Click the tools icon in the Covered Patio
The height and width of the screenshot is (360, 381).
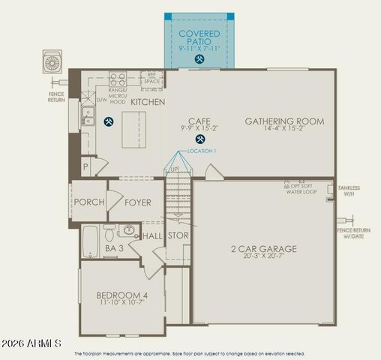coord(199,58)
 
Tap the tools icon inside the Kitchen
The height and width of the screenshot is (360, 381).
coord(108,121)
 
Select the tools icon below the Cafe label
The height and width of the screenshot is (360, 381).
coord(199,139)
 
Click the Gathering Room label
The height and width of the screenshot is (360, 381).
coord(284,121)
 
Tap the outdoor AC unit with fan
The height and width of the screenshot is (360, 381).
coord(53,61)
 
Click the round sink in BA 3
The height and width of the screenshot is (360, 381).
coord(128,229)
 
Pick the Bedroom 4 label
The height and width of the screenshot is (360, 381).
coord(121,295)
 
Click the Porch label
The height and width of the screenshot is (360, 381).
coord(89,202)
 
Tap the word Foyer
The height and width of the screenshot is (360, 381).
coord(138,202)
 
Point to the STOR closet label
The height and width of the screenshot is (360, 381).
coord(178,235)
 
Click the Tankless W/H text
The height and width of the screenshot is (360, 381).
coord(349,190)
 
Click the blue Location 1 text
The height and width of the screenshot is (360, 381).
coord(202,151)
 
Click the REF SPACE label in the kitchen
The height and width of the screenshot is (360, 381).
coord(151,77)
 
